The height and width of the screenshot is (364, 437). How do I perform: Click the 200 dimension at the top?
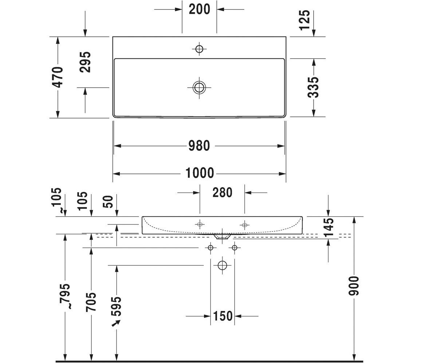tap(199, 9)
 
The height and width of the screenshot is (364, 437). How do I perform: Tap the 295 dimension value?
tap(85, 62)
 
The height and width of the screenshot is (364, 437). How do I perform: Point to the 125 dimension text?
tap(304, 20)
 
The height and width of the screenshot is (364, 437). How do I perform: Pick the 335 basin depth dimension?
tap(313, 87)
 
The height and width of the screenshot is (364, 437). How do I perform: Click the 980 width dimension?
tap(199, 146)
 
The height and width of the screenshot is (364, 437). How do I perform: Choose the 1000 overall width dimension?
tap(200, 173)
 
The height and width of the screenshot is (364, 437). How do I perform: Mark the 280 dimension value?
tap(222, 193)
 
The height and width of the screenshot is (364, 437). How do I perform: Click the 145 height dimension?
tap(328, 227)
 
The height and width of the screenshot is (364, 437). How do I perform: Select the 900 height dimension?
tap(354, 286)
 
